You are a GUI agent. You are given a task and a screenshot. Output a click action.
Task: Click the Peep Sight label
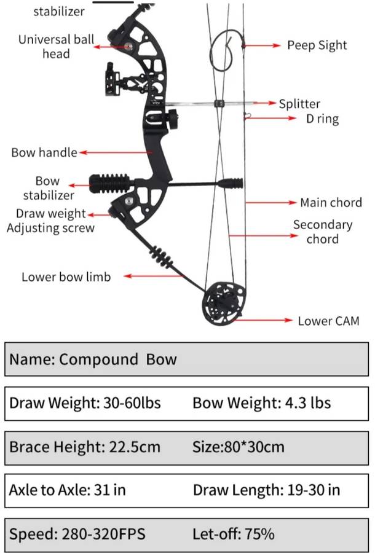point(317,45)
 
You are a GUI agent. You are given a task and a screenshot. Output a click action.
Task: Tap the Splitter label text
point(299,104)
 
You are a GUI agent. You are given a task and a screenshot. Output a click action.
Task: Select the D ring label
point(322,119)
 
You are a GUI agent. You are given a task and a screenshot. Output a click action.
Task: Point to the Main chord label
point(331,202)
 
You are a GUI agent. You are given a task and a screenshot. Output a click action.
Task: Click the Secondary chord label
point(322,232)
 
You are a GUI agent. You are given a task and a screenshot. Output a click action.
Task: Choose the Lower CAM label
point(328,321)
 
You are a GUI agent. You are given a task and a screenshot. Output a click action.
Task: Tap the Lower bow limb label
point(66,276)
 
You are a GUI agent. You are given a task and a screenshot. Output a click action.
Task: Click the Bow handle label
point(44,152)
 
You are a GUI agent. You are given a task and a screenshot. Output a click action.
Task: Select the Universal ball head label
point(56,47)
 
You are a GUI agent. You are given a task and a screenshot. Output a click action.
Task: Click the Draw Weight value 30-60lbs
point(130,403)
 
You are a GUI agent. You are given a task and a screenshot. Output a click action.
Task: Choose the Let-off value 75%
point(259,533)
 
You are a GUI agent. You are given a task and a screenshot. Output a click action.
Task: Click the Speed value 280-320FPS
point(104,533)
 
